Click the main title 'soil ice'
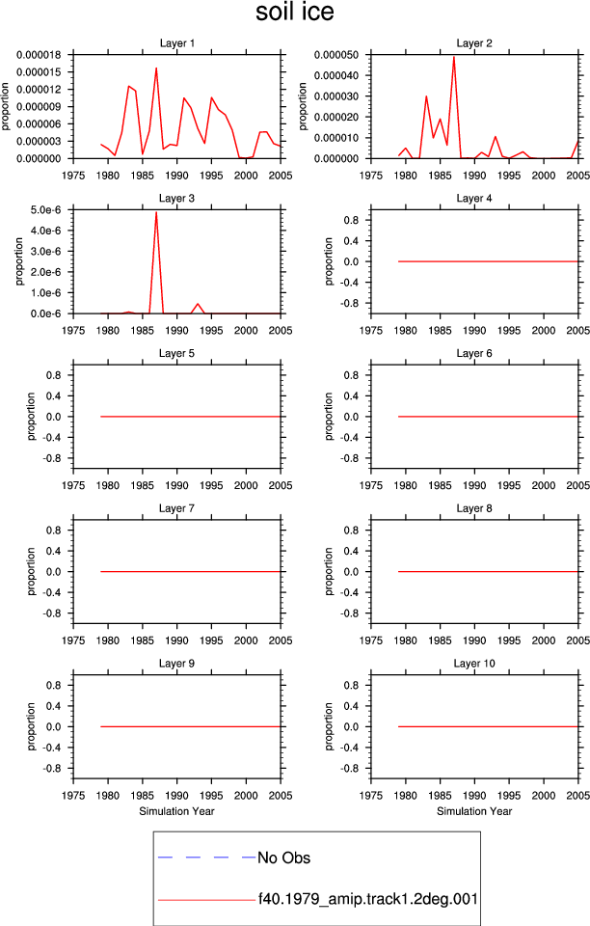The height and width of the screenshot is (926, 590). [294, 12]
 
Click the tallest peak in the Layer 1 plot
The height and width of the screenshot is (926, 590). [156, 68]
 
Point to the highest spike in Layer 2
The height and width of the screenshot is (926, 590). [454, 57]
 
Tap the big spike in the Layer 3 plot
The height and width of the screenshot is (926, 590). [156, 212]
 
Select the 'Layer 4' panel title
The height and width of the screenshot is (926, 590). [474, 199]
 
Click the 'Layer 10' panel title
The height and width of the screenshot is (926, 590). [474, 664]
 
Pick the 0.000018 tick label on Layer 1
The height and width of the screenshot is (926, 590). [39, 55]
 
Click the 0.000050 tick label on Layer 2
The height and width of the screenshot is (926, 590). [336, 55]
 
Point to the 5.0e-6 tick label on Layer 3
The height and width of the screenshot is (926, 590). [46, 210]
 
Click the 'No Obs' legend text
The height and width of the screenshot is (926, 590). [283, 858]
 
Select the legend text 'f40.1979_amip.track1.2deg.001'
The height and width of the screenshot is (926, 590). [368, 899]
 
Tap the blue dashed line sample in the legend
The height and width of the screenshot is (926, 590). [206, 857]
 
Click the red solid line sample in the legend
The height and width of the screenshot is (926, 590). [206, 900]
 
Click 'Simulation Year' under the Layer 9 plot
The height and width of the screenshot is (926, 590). [177, 811]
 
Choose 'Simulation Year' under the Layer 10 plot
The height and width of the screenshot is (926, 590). [474, 811]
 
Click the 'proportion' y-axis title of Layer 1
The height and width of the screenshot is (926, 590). [6, 106]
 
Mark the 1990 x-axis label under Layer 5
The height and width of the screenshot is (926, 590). [177, 485]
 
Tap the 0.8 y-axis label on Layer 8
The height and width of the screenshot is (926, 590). [351, 531]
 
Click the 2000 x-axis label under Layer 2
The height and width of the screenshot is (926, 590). [544, 176]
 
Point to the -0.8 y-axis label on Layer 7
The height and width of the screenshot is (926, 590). [52, 613]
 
